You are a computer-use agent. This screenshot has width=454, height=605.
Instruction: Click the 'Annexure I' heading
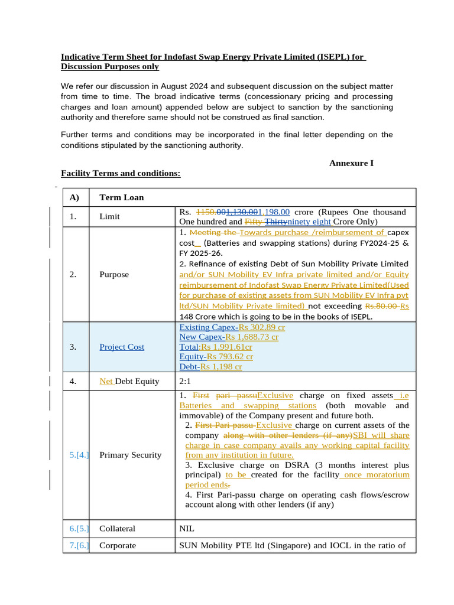(x=351, y=162)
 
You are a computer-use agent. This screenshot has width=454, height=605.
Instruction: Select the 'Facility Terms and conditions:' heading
(x=121, y=173)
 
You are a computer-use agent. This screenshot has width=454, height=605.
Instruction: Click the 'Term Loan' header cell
(x=121, y=197)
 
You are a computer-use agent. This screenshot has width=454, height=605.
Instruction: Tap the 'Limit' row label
(x=109, y=217)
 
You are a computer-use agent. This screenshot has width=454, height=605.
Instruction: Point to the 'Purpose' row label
(x=115, y=275)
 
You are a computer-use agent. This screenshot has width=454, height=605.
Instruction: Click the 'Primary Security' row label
(x=130, y=455)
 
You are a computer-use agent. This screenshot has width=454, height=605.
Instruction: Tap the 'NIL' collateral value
(x=186, y=529)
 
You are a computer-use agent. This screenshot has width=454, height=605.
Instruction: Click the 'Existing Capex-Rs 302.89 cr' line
(x=232, y=327)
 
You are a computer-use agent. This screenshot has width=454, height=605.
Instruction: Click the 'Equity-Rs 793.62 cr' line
(x=216, y=357)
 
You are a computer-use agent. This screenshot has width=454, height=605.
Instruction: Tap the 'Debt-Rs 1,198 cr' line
(x=210, y=367)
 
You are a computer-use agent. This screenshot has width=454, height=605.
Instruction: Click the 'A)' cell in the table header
(x=74, y=197)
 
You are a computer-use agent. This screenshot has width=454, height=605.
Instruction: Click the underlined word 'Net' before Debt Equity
(x=106, y=381)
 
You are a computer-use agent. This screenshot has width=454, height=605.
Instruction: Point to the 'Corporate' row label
(x=117, y=545)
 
